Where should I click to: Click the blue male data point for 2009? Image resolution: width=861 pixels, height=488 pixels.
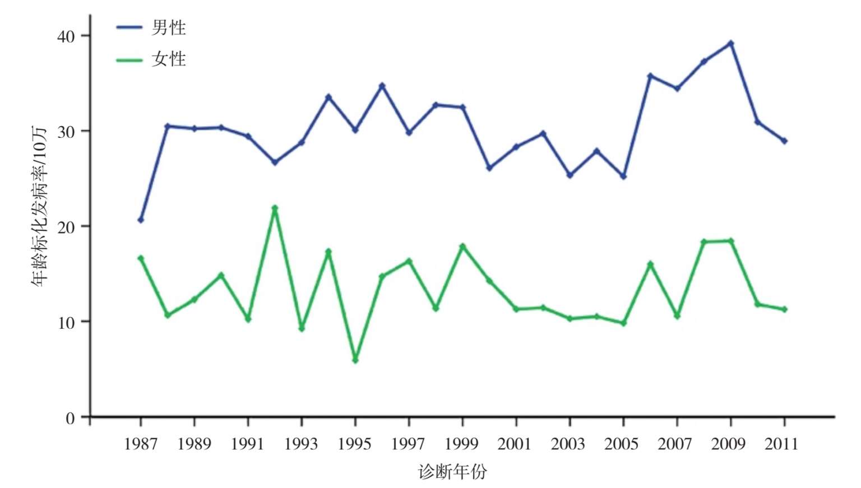(730, 43)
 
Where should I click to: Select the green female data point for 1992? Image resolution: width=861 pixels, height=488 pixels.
(275, 208)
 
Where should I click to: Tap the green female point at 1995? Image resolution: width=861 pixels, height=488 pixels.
(355, 360)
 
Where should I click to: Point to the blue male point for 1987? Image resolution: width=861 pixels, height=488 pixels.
(141, 220)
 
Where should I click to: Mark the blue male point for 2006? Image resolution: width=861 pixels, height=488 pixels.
(650, 76)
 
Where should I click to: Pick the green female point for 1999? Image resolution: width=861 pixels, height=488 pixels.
(462, 247)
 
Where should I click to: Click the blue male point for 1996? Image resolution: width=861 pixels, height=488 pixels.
(382, 86)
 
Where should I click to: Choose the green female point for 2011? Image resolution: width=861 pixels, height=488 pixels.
(784, 309)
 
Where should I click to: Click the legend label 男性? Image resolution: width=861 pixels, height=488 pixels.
(168, 27)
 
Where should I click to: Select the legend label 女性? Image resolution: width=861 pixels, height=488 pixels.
(168, 59)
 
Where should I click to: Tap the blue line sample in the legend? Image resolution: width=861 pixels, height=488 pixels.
(129, 27)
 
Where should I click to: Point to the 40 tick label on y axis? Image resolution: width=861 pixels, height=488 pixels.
(66, 36)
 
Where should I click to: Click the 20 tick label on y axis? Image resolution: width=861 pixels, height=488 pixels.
(66, 227)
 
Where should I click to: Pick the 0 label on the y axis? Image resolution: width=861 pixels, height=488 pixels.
(70, 418)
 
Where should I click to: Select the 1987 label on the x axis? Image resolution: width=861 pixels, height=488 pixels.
(141, 444)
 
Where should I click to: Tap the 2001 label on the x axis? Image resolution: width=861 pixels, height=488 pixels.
(515, 444)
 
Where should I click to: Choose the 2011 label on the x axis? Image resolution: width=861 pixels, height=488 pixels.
(781, 444)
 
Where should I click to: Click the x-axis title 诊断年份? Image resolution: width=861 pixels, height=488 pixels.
(452, 472)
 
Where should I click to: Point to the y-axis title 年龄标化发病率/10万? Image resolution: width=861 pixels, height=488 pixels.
(40, 206)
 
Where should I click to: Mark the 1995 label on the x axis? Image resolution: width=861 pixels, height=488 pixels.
(354, 444)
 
